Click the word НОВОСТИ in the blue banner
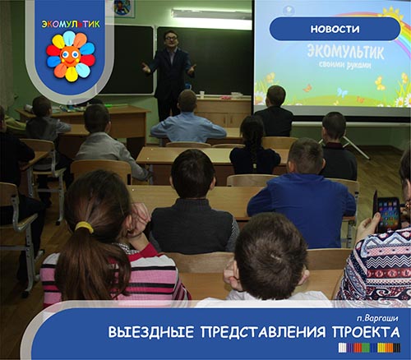335,29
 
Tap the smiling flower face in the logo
70,57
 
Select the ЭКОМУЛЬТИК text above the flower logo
71,24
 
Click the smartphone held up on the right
388,215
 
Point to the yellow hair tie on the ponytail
85,227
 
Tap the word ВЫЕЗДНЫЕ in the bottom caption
151,332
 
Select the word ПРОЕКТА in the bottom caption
366,332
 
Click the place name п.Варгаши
377,318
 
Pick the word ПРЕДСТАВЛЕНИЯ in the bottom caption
263,332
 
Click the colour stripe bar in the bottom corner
369,348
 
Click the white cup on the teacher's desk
202,95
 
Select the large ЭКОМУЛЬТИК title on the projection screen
345,52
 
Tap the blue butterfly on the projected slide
342,92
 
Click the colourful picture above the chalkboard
122,8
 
